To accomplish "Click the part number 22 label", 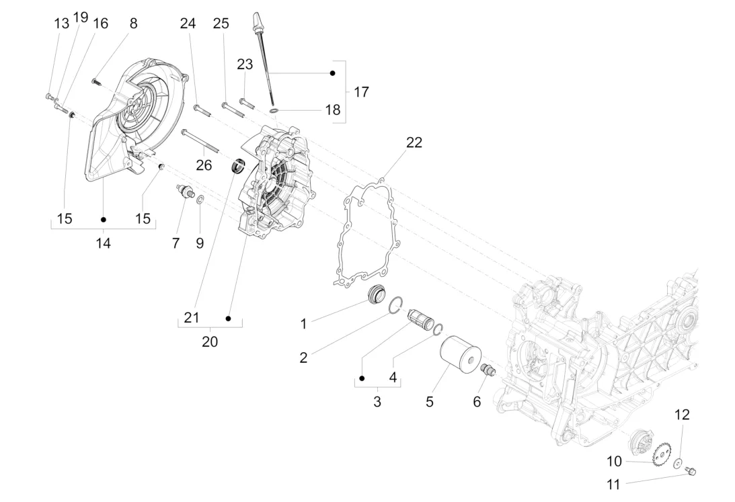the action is (x=414, y=142).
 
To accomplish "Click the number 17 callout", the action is (x=361, y=92).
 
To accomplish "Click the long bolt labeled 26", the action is (x=200, y=141).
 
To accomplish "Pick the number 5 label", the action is (x=430, y=402).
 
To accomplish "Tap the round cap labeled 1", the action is (x=377, y=294).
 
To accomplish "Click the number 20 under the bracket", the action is (x=210, y=342).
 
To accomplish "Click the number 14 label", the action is (x=103, y=243).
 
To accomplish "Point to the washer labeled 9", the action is (x=200, y=200).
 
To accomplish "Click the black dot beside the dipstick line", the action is (x=333, y=73).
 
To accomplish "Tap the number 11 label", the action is (x=613, y=485).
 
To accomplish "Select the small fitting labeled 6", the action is (x=488, y=370).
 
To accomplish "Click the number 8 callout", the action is (x=134, y=24).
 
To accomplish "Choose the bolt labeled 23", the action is (x=247, y=103).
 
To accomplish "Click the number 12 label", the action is (x=682, y=415).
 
